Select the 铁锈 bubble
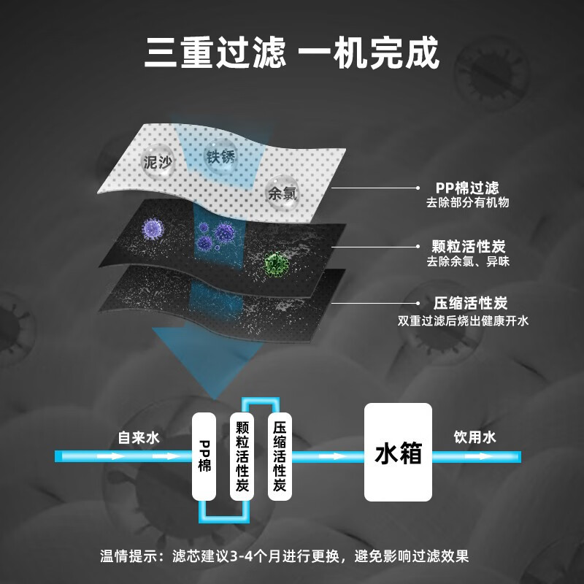221,155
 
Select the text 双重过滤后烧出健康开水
462,320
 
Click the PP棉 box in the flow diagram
204,456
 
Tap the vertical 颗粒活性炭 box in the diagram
242,456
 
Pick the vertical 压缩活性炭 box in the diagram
280,456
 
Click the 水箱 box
399,453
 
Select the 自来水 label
139,438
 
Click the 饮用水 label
474,437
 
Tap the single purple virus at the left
152,228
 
